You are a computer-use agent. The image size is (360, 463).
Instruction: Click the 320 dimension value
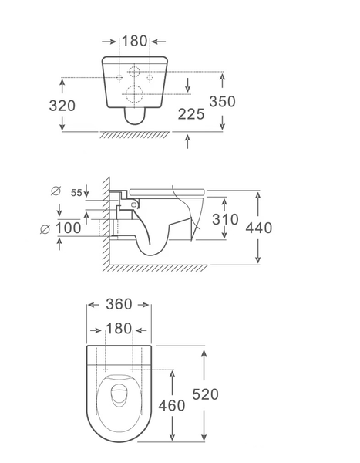point(62,106)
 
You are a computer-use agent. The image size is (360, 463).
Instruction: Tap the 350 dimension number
point(223,101)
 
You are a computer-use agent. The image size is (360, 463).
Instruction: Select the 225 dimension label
point(191,114)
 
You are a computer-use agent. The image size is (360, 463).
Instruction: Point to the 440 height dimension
point(259,228)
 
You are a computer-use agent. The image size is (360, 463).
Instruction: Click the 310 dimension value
point(225,219)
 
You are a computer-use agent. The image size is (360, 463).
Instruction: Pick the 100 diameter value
point(68,228)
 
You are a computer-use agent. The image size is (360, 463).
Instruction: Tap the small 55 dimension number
point(76,193)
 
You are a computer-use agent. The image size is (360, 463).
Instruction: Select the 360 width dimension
point(119,304)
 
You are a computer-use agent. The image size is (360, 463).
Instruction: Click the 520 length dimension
point(205,394)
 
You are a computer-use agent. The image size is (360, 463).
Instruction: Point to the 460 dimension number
point(172,405)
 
